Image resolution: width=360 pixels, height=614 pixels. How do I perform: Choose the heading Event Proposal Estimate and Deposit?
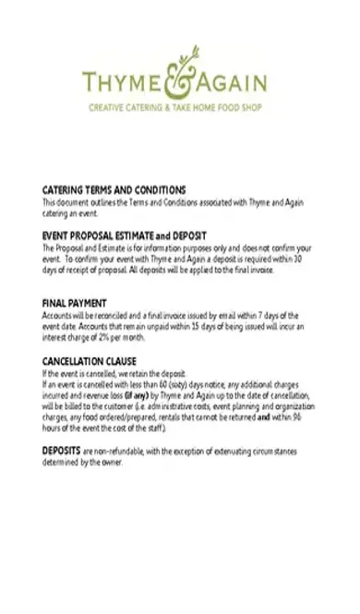pyautogui.click(x=125, y=236)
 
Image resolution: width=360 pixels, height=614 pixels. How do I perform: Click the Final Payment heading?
pyautogui.click(x=75, y=303)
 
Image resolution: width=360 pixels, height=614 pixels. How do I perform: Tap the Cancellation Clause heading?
pyautogui.click(x=90, y=361)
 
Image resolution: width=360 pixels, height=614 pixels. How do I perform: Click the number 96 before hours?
pyautogui.click(x=302, y=415)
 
